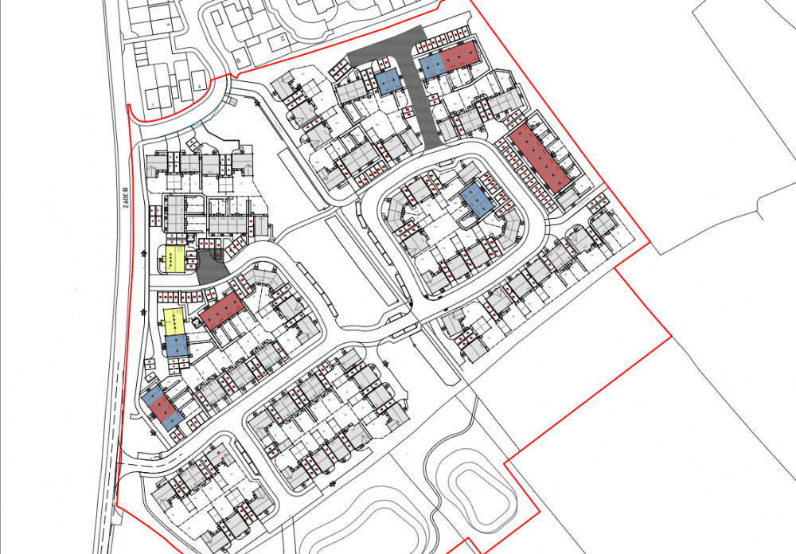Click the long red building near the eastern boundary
pos(540,158)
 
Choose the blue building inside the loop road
pos(477,198)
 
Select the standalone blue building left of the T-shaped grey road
pos(388,82)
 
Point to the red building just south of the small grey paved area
pos(222,310)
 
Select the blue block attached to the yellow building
pos(176,345)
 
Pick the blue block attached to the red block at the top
pos(431,65)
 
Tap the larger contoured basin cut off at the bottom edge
pos(350,529)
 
